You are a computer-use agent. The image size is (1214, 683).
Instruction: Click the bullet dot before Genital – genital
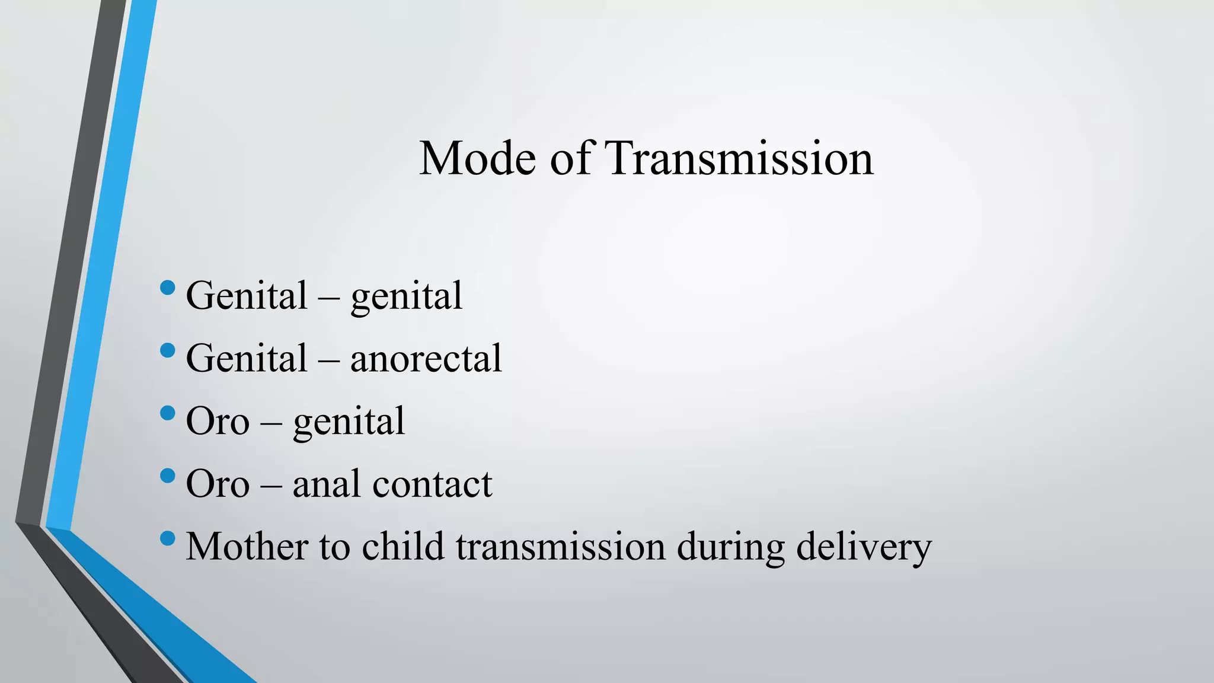(x=168, y=288)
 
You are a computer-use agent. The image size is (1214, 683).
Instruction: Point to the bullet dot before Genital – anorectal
(x=168, y=350)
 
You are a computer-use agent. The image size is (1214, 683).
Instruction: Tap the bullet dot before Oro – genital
(x=168, y=413)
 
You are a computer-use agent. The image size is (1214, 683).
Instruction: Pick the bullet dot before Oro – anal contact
(x=168, y=475)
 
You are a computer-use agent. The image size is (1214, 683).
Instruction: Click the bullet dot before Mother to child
(x=168, y=538)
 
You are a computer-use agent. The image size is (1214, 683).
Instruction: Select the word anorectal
(x=426, y=359)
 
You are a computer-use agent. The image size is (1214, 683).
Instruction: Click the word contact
(x=432, y=484)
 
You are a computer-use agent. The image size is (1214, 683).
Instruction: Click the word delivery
(x=864, y=547)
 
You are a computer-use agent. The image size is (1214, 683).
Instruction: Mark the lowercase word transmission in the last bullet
(x=560, y=547)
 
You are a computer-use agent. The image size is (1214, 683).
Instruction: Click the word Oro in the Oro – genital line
(x=218, y=422)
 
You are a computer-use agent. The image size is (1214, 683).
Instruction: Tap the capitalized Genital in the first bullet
(x=247, y=296)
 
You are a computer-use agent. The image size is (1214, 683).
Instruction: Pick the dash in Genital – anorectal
(x=329, y=359)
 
